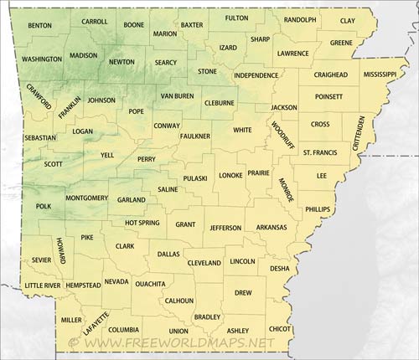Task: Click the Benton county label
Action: click(x=39, y=26)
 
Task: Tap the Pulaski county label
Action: click(x=194, y=178)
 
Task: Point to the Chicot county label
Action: click(x=281, y=330)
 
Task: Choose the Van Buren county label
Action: click(x=177, y=96)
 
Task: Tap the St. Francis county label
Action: click(x=319, y=152)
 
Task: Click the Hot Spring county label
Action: click(x=142, y=223)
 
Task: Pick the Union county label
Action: click(x=178, y=331)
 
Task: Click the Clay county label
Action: click(x=348, y=20)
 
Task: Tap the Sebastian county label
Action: click(x=40, y=137)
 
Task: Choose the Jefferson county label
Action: click(x=225, y=228)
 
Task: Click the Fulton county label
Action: click(x=237, y=18)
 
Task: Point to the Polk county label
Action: click(x=44, y=205)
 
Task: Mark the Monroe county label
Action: click(x=287, y=190)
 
